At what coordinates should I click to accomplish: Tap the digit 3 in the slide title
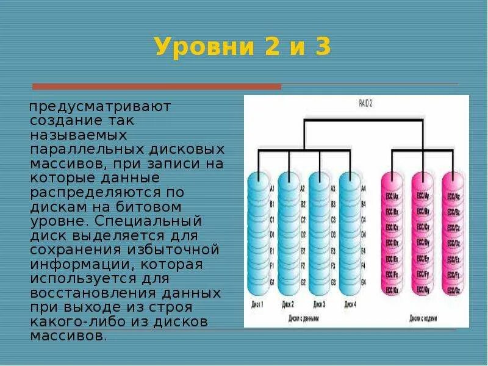[322, 47]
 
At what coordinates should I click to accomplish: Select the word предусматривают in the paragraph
[100, 107]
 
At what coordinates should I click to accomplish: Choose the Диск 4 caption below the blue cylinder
[350, 304]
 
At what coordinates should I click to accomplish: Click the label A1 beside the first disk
[271, 189]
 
